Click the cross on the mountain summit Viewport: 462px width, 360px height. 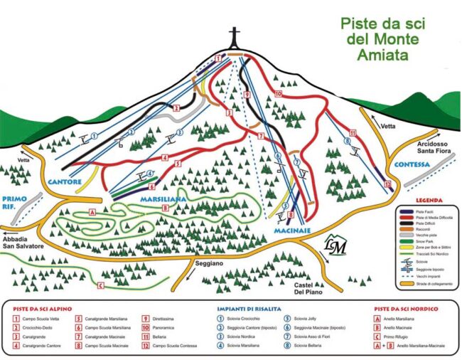coord(235,38)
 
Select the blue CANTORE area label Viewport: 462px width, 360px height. coord(65,183)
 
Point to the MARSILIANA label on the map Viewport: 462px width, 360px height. coord(162,200)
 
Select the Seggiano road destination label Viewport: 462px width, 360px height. coord(208,263)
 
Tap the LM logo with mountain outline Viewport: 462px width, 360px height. coord(335,245)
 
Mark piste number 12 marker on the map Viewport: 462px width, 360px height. coord(387,184)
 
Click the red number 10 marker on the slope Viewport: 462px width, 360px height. coord(279,93)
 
